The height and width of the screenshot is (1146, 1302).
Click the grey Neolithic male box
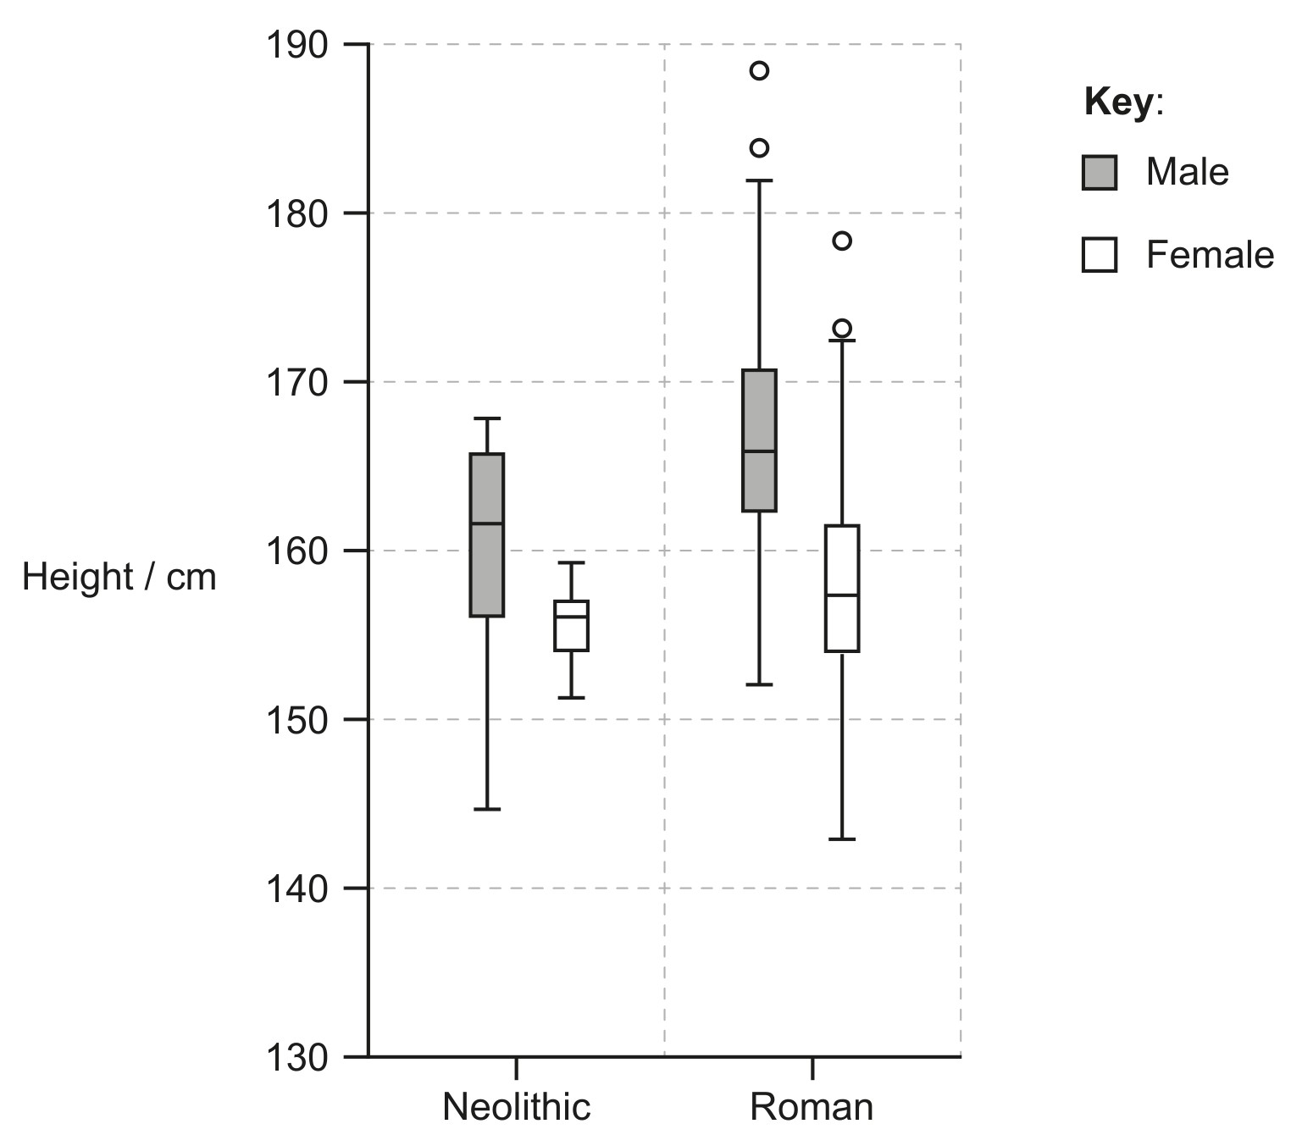pos(486,534)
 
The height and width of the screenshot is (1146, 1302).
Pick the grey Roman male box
pos(759,440)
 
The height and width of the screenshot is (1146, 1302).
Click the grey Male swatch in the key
pos(1099,172)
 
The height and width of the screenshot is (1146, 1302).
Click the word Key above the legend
pos(1118,102)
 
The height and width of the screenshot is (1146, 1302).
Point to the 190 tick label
pos(296,45)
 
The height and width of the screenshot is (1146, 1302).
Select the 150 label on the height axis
pos(296,720)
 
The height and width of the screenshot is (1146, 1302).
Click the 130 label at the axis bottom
pos(296,1057)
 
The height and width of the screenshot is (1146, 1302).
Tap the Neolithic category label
pos(516,1107)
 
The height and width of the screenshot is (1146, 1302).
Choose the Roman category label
pos(812,1107)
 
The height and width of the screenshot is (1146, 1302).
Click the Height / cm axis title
pos(119,577)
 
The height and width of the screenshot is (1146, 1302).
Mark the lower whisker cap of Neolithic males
pos(486,809)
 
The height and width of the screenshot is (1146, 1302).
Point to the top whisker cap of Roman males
pos(759,180)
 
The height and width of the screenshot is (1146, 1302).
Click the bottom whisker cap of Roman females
pos(842,839)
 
